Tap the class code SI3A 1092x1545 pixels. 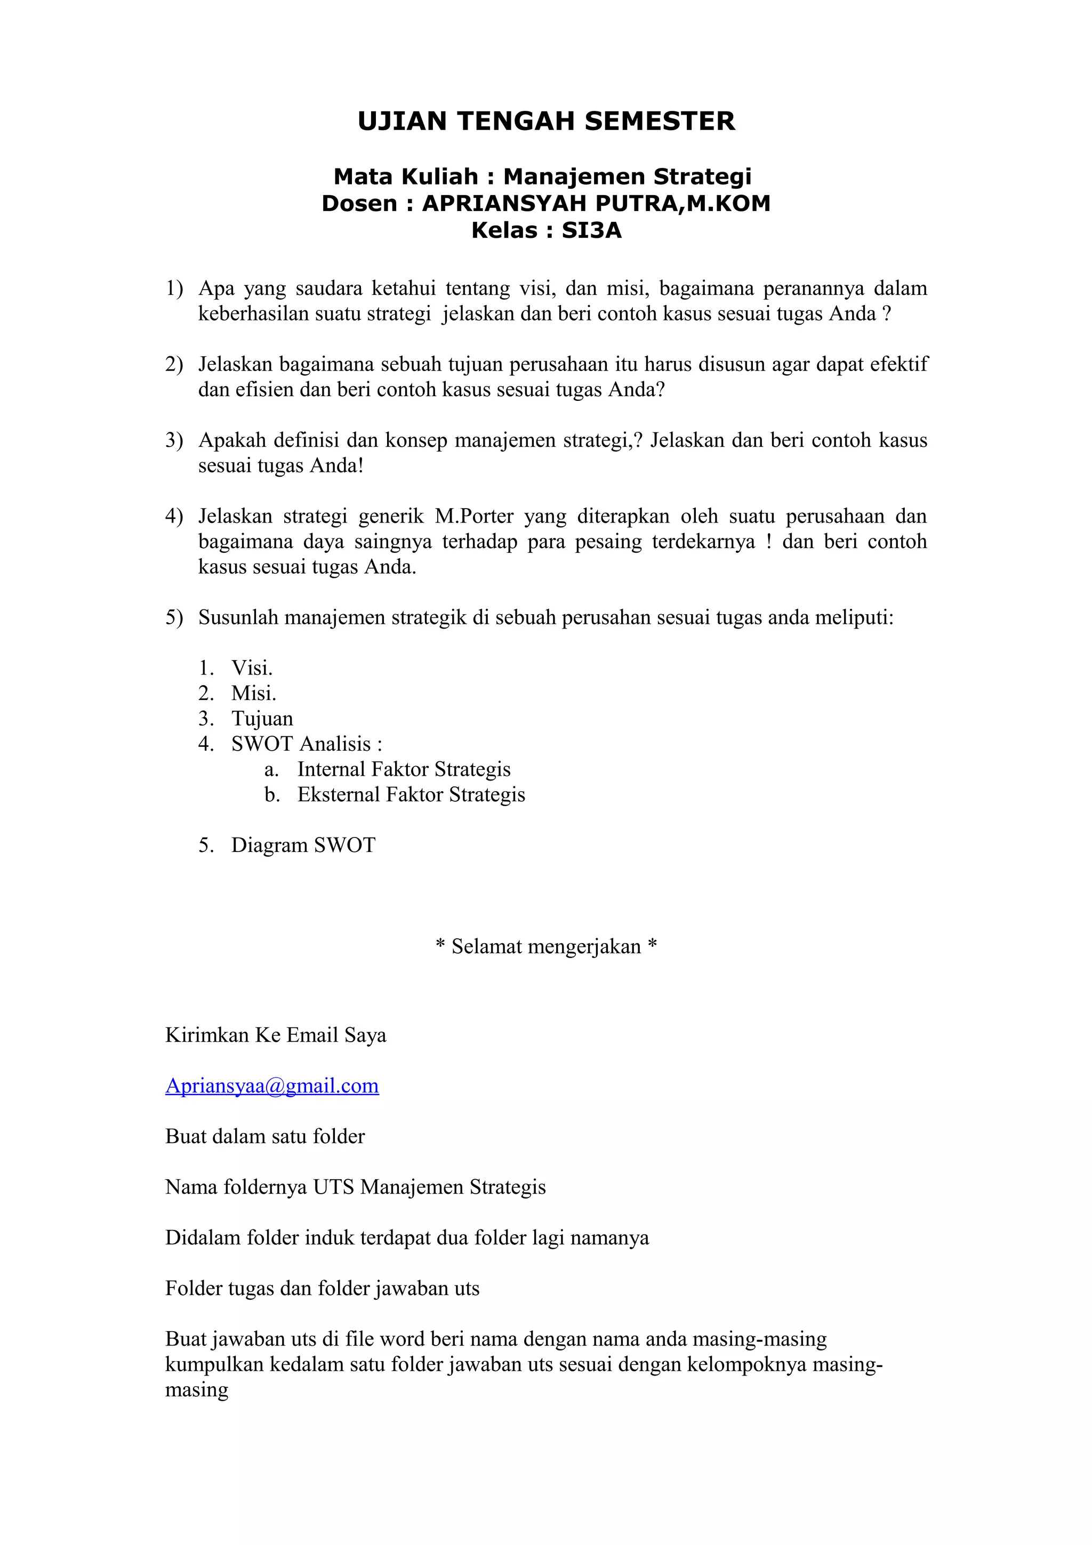pos(591,231)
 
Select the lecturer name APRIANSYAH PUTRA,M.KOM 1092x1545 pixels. pos(596,203)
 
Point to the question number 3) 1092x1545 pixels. pos(174,440)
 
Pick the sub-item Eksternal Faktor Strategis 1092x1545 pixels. pos(411,795)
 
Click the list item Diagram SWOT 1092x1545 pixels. pos(303,845)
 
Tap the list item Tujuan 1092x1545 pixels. pos(262,719)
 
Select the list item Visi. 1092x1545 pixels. pos(251,668)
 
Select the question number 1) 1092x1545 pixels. pos(174,288)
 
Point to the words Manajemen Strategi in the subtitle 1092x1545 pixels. pos(627,176)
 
